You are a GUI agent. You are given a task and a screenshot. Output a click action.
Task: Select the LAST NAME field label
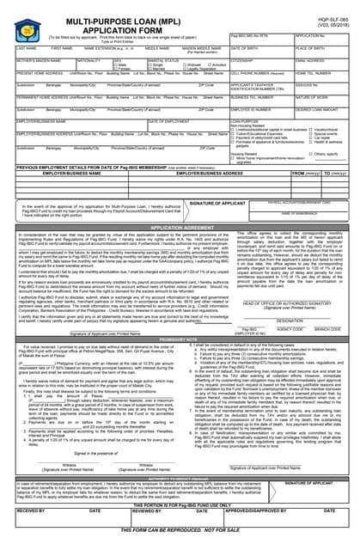pos(26,49)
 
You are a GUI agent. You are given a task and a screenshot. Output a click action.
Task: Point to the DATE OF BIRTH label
pos(248,49)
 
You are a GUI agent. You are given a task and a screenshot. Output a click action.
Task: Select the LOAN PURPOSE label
pos(249,122)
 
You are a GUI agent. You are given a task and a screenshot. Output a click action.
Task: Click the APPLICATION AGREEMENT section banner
pos(180,227)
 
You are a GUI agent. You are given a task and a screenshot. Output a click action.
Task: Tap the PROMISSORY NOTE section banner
pos(180,339)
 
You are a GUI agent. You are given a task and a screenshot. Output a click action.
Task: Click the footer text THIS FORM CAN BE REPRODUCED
pos(180,541)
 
